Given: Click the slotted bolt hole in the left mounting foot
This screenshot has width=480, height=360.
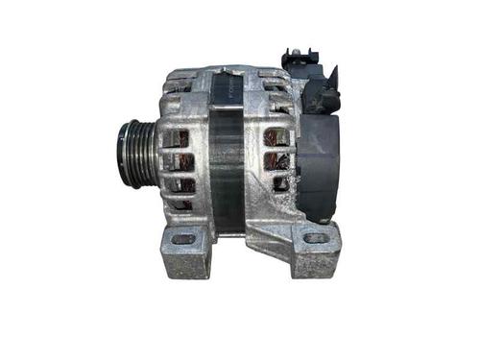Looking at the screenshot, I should pos(183,239).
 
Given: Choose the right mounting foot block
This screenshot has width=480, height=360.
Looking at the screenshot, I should pos(314,247).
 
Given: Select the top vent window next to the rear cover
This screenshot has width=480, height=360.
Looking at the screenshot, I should pos(278,136).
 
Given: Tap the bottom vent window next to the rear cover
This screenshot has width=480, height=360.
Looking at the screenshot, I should pos(280,181).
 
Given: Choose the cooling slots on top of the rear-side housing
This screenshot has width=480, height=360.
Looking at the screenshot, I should pos(273,84).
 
